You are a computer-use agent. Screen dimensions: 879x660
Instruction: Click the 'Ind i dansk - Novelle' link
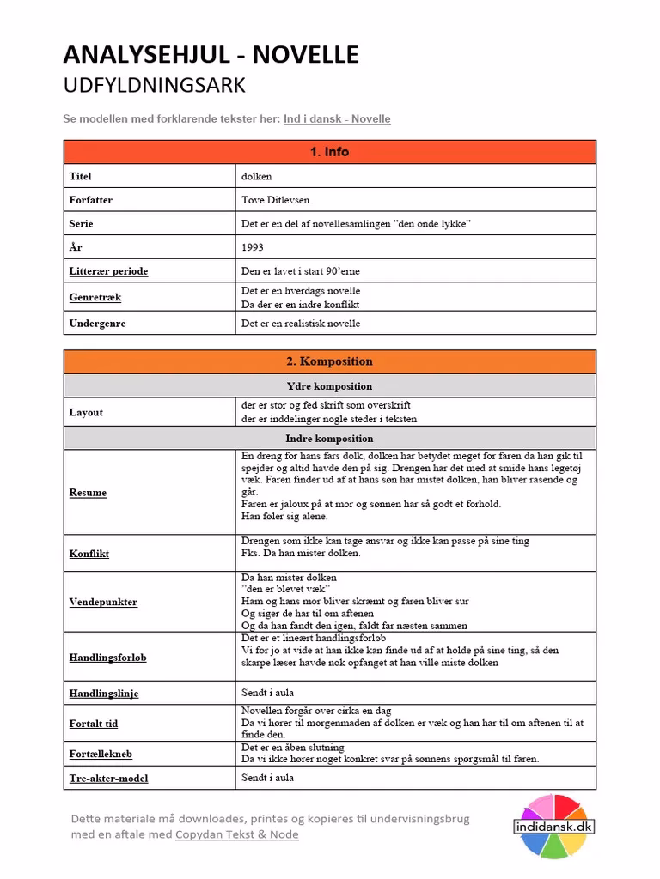tap(337, 119)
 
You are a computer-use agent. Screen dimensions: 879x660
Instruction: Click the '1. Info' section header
tap(329, 152)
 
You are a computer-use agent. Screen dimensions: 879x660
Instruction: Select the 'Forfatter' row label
tap(91, 200)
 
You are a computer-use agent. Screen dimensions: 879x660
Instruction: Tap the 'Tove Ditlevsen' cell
tap(276, 200)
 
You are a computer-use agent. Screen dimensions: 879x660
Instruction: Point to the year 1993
tap(254, 247)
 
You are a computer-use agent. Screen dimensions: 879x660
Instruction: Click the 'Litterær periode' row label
tap(108, 271)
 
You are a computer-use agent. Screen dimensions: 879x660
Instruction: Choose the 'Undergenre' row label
tap(97, 324)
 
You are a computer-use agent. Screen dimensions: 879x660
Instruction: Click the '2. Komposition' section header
tap(329, 361)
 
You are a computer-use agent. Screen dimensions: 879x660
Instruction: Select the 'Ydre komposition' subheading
tap(329, 386)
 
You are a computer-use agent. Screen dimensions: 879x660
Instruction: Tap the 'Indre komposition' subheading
tap(329, 439)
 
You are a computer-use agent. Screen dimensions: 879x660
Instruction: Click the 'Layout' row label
tap(86, 413)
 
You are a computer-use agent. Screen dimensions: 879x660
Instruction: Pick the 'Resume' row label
tap(88, 493)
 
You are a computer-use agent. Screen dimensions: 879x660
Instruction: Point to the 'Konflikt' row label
tap(89, 554)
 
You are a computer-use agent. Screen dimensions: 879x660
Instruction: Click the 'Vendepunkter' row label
tap(103, 603)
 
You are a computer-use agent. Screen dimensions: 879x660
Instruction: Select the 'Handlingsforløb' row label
tap(107, 658)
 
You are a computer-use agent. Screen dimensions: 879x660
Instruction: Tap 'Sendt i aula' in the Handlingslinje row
tap(267, 692)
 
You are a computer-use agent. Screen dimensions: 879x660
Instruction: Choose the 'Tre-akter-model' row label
tap(108, 779)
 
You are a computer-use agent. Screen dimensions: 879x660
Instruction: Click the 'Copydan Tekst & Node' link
tap(237, 834)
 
